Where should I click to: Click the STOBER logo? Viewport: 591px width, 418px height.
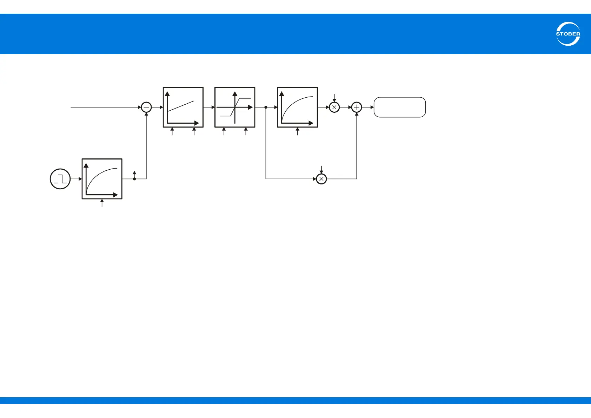(x=568, y=34)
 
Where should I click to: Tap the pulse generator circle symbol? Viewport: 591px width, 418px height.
(x=60, y=179)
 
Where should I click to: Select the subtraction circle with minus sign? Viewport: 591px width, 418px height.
(x=146, y=107)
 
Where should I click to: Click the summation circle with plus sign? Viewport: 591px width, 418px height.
(x=357, y=107)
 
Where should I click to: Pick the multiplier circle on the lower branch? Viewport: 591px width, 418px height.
(x=321, y=179)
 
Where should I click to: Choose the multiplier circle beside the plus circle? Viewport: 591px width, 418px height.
(x=334, y=107)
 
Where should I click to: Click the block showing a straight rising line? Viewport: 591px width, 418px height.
(x=183, y=107)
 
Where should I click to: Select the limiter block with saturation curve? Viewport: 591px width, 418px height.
(x=235, y=107)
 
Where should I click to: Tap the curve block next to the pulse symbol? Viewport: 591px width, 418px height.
(x=102, y=179)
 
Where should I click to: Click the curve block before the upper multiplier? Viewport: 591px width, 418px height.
(x=298, y=107)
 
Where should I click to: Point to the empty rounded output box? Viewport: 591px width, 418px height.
(x=400, y=107)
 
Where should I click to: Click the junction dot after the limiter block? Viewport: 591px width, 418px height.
(x=266, y=107)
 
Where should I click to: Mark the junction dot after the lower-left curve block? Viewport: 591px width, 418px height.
(x=134, y=179)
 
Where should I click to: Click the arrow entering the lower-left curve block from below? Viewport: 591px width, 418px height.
(x=102, y=203)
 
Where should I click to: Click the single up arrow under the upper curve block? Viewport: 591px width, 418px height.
(x=298, y=131)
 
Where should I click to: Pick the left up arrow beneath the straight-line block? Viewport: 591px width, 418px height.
(x=172, y=131)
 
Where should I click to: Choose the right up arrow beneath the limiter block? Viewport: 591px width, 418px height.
(x=246, y=131)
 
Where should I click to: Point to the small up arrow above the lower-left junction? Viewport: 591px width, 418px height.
(x=134, y=174)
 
